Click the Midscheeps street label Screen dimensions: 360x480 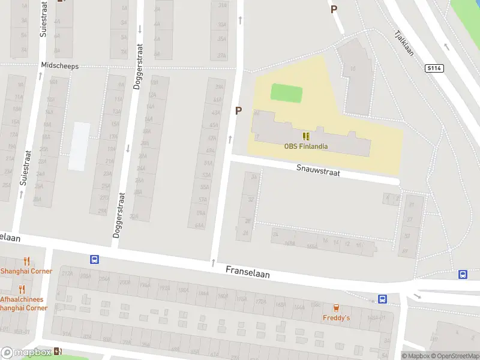[x=59, y=65]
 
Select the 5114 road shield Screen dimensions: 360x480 [x=434, y=68]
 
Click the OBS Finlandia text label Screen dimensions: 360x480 [x=306, y=146]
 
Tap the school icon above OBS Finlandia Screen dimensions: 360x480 [x=307, y=136]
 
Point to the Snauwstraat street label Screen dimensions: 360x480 [x=318, y=171]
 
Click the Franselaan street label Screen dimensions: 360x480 [x=248, y=272]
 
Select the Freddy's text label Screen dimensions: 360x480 [x=336, y=317]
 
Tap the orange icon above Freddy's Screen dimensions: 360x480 [x=336, y=307]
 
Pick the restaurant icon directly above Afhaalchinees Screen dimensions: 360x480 [x=22, y=289]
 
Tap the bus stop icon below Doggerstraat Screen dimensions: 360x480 [x=94, y=260]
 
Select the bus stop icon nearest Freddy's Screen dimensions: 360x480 [x=382, y=299]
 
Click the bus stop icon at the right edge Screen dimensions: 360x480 [x=463, y=274]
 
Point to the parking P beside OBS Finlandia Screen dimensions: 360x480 [x=238, y=110]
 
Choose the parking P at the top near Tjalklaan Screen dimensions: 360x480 [x=334, y=9]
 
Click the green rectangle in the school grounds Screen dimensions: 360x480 [x=286, y=93]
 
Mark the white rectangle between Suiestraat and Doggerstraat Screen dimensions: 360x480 [x=79, y=146]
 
